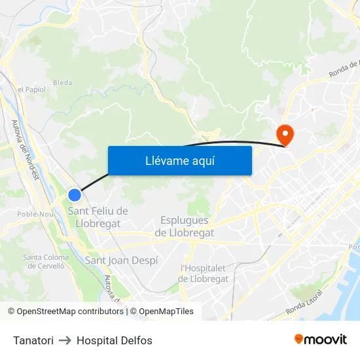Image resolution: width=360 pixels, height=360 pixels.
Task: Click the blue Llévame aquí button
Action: [x=179, y=160]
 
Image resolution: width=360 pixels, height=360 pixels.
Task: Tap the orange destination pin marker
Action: [x=285, y=134]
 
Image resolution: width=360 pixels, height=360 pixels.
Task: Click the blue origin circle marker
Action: [x=75, y=194]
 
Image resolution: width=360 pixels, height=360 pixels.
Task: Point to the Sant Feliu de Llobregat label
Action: [x=98, y=217]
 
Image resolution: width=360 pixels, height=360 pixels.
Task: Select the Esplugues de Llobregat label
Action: [x=185, y=226]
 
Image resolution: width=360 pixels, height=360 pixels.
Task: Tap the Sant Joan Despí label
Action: [x=122, y=261]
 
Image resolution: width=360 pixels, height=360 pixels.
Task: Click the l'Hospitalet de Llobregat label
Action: [x=204, y=273]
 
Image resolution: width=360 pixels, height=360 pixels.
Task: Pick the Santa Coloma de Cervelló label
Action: [x=45, y=261]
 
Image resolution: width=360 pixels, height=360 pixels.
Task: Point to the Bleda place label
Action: [x=62, y=82]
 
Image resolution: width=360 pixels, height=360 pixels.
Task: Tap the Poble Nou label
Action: [x=35, y=214]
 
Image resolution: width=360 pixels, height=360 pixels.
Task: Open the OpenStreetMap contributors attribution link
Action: [x=70, y=312]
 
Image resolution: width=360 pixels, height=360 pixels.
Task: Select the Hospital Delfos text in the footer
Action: [x=115, y=340]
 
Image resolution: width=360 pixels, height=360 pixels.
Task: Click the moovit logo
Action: [x=321, y=339]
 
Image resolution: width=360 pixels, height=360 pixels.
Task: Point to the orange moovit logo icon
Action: [x=299, y=339]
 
